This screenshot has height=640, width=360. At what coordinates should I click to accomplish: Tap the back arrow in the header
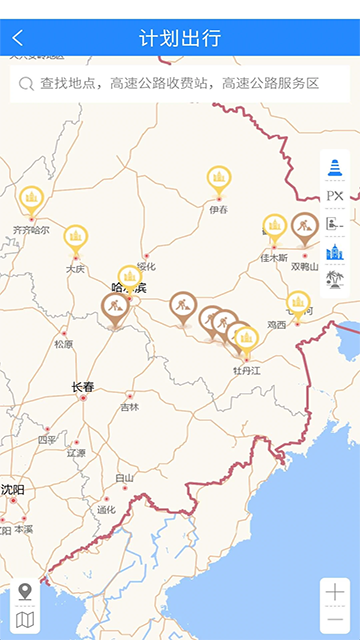coord(17,39)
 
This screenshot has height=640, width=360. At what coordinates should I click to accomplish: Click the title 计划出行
coord(180,39)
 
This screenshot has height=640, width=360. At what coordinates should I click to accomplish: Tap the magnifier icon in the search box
coord(26,84)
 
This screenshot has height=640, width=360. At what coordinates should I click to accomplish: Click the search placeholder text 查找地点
coord(73,84)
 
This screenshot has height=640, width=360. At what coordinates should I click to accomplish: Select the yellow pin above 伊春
coord(219,179)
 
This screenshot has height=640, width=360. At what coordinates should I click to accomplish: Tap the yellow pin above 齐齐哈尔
coord(31,198)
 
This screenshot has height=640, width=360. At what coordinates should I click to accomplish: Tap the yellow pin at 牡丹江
coord(246,340)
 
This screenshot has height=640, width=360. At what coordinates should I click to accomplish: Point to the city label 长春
coord(83,387)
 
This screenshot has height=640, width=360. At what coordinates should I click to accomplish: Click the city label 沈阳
coord(13,489)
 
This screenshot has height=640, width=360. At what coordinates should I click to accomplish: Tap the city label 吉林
coord(130,407)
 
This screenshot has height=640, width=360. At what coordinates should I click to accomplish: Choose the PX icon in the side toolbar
coord(335,196)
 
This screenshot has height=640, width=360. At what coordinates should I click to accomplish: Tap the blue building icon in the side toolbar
coord(335,252)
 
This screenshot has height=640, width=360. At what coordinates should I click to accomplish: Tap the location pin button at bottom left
coord(25,592)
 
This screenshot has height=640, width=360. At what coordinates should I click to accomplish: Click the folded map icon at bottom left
coord(25,620)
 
